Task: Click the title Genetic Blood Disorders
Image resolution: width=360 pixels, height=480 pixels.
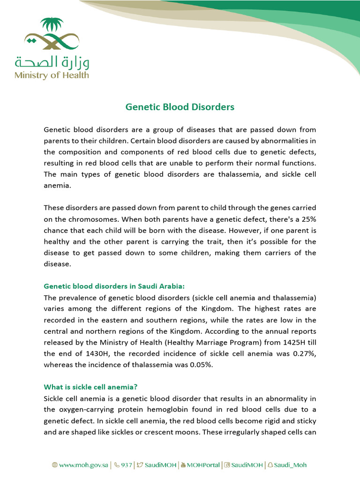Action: click(180, 107)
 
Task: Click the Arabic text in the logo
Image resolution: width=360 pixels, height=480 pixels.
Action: click(52, 61)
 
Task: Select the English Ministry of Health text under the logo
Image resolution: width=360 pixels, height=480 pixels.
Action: click(52, 75)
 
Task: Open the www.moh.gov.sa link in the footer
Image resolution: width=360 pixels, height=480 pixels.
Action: click(80, 465)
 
